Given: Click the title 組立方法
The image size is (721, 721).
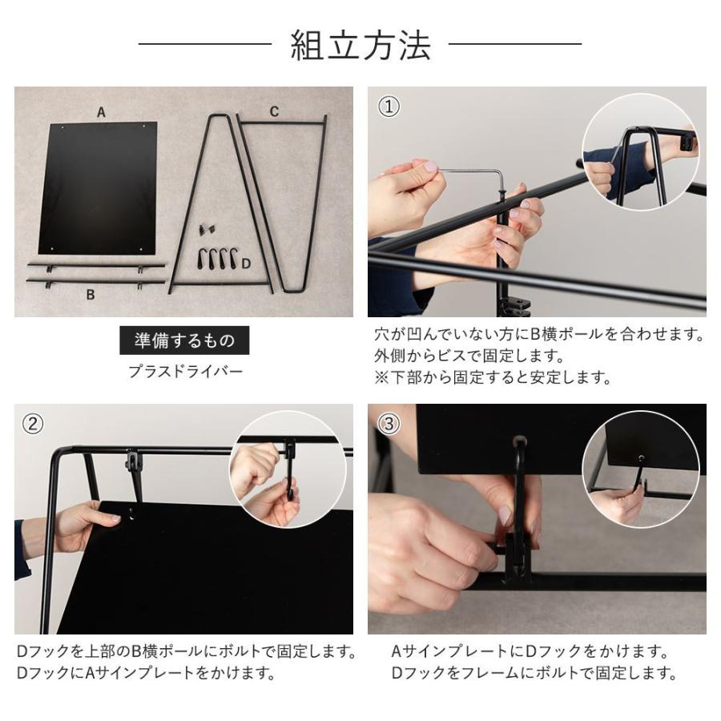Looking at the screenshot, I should (360, 45).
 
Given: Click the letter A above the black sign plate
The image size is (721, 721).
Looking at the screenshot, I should (101, 113).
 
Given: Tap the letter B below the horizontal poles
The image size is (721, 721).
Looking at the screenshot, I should (91, 294).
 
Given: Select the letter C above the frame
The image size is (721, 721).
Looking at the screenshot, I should (274, 111).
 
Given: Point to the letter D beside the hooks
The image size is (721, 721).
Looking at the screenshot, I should (247, 262).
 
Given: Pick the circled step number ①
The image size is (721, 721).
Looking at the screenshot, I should (389, 107).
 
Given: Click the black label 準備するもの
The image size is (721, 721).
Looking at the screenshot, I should (184, 340).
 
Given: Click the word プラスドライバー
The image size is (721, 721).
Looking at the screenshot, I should (185, 372).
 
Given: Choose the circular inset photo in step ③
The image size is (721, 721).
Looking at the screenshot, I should (640, 470).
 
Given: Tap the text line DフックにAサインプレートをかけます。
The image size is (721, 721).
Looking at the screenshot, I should (147, 673).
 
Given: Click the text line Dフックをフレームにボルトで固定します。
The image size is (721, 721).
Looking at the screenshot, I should (534, 673).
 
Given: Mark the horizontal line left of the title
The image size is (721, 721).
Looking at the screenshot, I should (205, 44).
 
